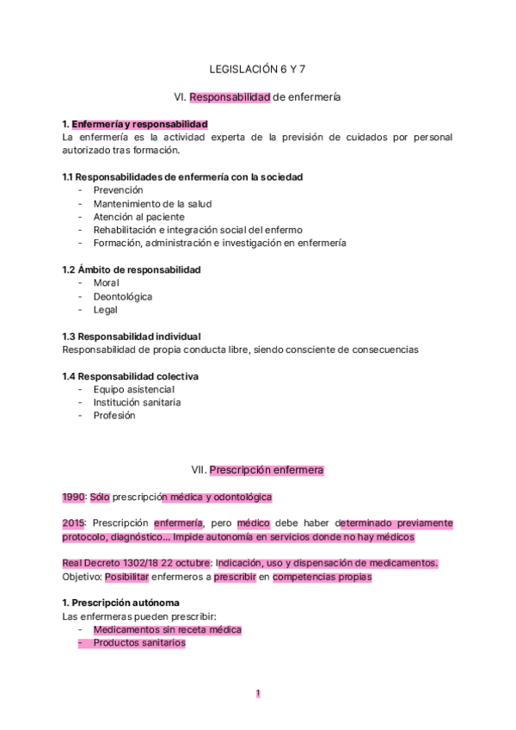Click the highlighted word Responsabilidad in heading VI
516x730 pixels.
[230, 97]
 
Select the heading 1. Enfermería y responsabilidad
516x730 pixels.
[135, 124]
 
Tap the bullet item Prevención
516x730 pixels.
[118, 189]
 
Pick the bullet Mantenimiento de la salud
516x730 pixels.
[152, 203]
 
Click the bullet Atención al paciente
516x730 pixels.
[138, 217]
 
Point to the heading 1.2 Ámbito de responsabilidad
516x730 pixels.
[132, 269]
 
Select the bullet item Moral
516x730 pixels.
[107, 282]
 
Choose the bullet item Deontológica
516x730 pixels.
[123, 296]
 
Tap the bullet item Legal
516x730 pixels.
[106, 310]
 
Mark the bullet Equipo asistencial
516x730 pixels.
[134, 389]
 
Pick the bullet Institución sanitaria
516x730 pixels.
[137, 402]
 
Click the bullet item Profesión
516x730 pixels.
[114, 415]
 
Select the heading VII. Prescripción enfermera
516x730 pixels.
[257, 470]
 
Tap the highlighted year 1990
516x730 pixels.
[74, 497]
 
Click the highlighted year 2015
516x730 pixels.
[74, 523]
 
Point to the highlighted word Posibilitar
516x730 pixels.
[133, 577]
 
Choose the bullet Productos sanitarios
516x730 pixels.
[139, 642]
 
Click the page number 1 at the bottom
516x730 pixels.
[258, 693]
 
